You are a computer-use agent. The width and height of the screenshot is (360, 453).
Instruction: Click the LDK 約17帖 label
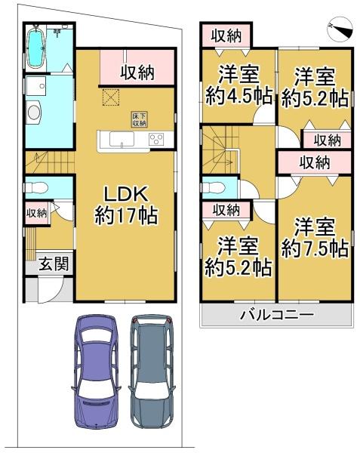(125, 203)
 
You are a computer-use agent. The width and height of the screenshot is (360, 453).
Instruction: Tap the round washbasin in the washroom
(35, 113)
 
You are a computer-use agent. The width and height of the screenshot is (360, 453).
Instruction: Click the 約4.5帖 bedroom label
(236, 85)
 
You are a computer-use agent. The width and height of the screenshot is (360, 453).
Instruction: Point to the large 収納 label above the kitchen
(137, 72)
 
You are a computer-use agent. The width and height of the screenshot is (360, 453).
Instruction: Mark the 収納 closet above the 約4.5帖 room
(226, 35)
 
